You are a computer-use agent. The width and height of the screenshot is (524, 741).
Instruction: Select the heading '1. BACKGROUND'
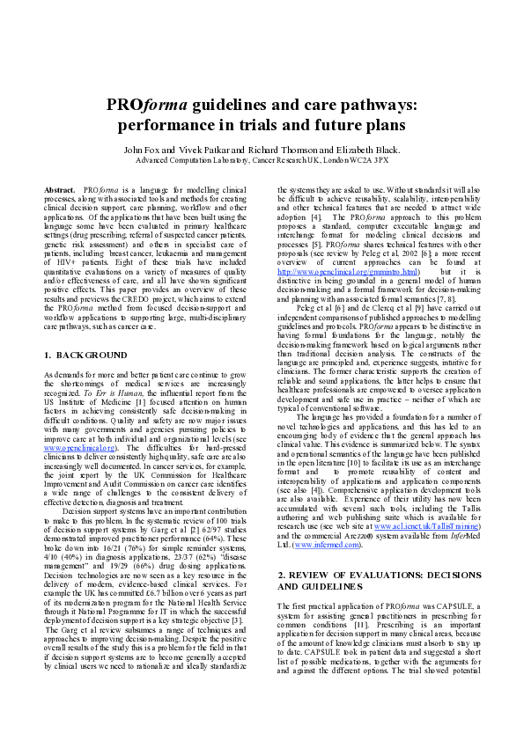pyautogui.click(x=85, y=355)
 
